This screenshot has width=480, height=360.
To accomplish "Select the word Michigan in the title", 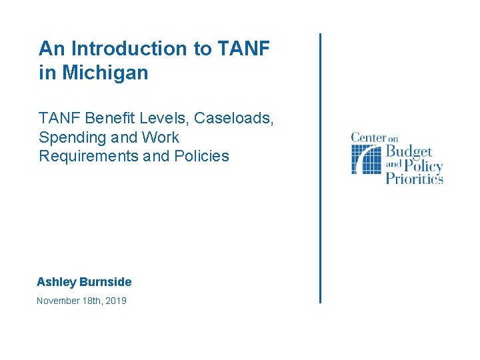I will [x=105, y=73].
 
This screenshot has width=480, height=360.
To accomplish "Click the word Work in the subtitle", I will [x=161, y=137].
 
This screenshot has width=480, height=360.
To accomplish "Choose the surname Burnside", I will [x=105, y=282].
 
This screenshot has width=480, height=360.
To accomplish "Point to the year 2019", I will [x=115, y=301].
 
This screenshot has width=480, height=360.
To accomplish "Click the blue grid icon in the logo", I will [x=366, y=159].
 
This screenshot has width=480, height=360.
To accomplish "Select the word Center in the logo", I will [x=369, y=138].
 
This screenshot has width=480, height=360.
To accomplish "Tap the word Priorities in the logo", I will [x=415, y=179].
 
